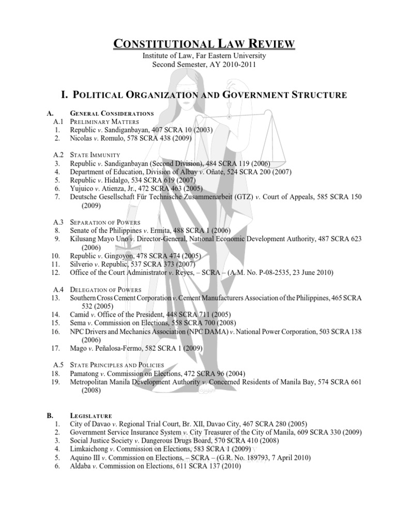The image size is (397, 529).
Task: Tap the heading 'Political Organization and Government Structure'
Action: (204, 95)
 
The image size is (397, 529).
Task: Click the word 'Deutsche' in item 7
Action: (85, 197)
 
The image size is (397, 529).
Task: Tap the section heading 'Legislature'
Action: (90, 415)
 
